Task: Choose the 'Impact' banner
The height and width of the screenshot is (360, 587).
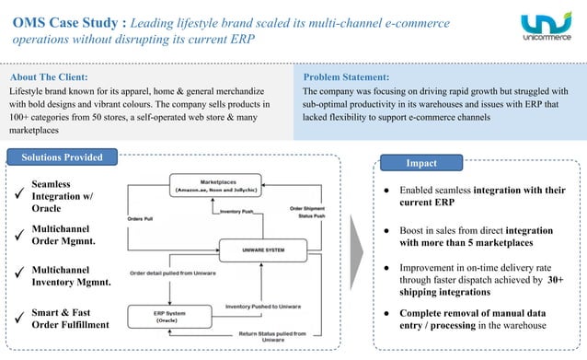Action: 424,163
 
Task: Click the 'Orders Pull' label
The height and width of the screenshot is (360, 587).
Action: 142,218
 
